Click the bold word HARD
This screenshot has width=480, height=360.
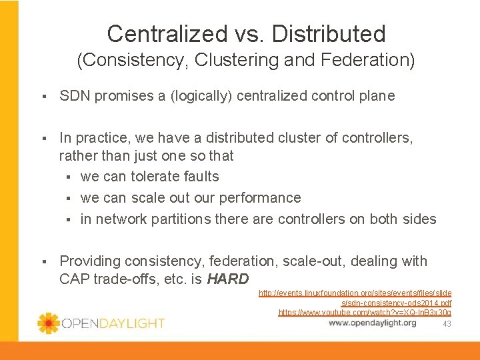point(228,279)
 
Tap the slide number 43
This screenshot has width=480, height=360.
point(447,324)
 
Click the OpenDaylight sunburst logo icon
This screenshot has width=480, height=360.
point(48,323)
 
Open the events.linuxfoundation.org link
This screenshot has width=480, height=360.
point(355,293)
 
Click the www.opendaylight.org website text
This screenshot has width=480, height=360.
point(373,323)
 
